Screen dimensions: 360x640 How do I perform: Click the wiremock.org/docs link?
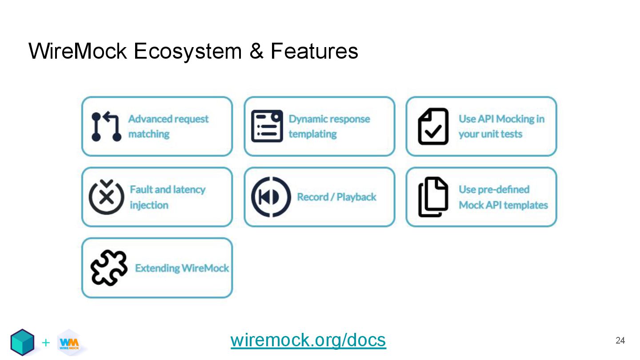[x=308, y=340]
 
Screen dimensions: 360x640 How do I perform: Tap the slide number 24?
[x=620, y=341]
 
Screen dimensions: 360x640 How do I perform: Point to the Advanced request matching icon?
[x=106, y=127]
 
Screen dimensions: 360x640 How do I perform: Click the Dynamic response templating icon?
[x=267, y=126]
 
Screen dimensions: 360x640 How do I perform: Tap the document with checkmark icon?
[x=433, y=126]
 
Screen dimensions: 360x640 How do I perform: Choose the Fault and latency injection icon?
[x=106, y=197]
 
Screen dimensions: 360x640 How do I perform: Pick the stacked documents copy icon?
[x=433, y=197]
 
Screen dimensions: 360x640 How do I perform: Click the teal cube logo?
[x=22, y=342]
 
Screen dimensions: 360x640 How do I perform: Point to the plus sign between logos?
[x=45, y=343]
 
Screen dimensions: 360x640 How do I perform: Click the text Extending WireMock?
[x=182, y=268]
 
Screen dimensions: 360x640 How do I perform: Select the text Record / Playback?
[x=336, y=197]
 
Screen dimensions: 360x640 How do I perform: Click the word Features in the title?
[x=314, y=51]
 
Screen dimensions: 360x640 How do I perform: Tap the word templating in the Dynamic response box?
[x=312, y=134]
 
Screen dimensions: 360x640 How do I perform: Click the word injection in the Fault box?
[x=149, y=205]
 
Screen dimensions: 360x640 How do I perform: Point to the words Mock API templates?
[x=503, y=205]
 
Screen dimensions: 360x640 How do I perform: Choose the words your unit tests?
[x=490, y=134]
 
